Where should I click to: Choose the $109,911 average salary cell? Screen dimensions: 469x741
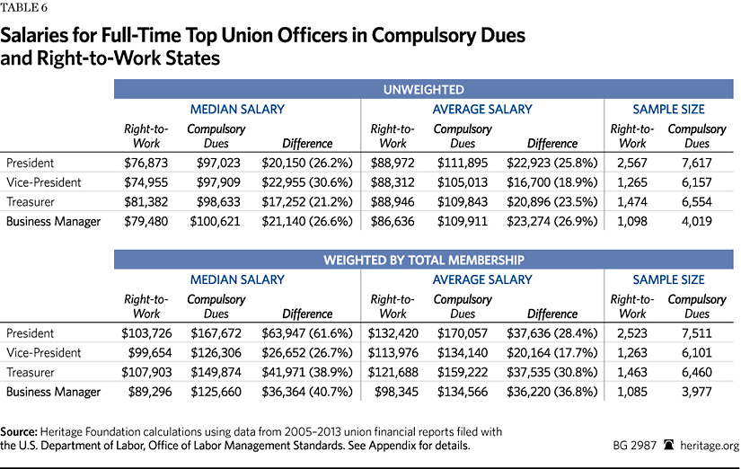pos(463,221)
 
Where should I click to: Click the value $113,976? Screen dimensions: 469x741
pos(393,353)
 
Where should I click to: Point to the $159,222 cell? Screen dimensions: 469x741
pos(463,372)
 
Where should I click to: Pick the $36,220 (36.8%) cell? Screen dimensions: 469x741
pos(552,392)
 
